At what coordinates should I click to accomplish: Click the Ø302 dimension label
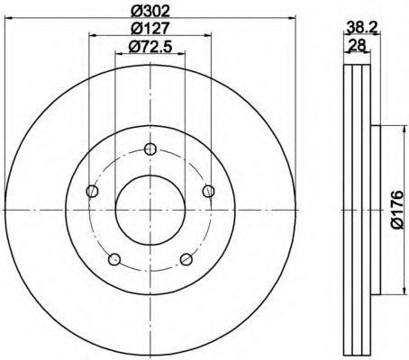[x=150, y=12]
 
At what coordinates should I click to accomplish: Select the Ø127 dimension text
[x=150, y=29]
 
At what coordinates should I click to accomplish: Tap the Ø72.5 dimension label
[x=150, y=47]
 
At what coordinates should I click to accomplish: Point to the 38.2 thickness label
[x=361, y=28]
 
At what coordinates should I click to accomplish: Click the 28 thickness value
[x=357, y=45]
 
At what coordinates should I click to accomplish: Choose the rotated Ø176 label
[x=397, y=210]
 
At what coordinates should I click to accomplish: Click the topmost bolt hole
[x=150, y=148]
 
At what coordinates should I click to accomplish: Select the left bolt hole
[x=92, y=191]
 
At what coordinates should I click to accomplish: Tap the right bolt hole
[x=208, y=191]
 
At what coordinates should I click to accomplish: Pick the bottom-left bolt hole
[x=114, y=259]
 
